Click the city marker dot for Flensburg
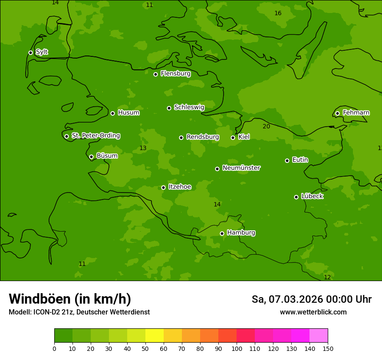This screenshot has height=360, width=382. (x=155, y=74)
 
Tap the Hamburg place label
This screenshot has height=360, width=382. (x=241, y=233)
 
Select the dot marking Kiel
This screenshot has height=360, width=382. (x=233, y=137)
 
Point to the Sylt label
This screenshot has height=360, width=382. (x=42, y=52)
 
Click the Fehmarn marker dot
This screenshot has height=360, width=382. (x=337, y=113)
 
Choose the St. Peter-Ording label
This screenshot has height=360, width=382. (x=95, y=136)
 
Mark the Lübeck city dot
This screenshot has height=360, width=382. (x=296, y=197)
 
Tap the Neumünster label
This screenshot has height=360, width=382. (x=241, y=168)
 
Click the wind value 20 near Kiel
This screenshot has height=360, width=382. (x=266, y=126)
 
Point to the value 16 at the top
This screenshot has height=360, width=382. (x=278, y=13)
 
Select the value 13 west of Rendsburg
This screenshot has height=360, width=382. (x=143, y=148)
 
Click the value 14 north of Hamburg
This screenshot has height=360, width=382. (x=217, y=204)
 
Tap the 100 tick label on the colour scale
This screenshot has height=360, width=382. (x=237, y=348)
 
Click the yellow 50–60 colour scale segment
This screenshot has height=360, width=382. (x=155, y=336)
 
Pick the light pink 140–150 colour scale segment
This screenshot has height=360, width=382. (x=319, y=336)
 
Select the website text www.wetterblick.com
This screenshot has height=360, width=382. (x=313, y=312)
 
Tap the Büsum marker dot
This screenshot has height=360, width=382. (x=91, y=157)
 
